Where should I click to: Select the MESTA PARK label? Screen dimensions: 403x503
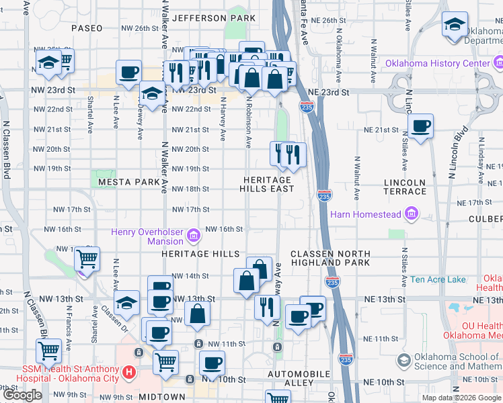click(x=129, y=182)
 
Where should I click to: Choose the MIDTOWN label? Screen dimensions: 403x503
click(x=161, y=397)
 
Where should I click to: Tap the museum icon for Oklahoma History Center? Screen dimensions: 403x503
click(x=498, y=64)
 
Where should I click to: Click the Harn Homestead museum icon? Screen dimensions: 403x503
click(x=412, y=216)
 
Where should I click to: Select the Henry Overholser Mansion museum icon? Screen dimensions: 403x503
click(x=194, y=236)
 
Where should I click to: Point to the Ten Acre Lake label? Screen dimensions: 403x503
click(x=438, y=279)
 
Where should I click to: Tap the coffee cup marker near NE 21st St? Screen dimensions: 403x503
click(x=421, y=126)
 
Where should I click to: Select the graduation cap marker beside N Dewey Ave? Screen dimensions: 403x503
click(x=153, y=94)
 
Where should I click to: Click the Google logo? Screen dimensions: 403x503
click(x=23, y=396)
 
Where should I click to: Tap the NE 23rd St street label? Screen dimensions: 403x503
click(x=329, y=91)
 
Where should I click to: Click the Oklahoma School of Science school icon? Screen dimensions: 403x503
click(x=403, y=361)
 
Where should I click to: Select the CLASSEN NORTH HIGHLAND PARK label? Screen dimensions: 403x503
click(x=330, y=259)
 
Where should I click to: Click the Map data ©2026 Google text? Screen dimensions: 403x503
click(x=461, y=398)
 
